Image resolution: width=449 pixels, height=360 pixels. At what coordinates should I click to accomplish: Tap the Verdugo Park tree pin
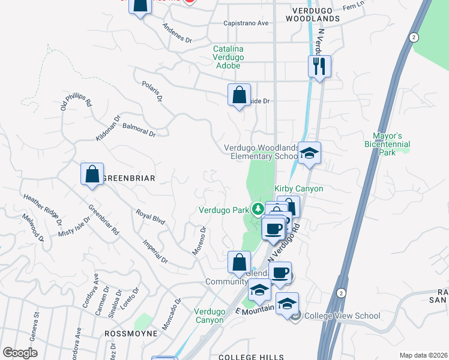pos(258,209)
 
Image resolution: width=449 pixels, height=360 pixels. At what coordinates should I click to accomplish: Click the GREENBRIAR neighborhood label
pos(129,178)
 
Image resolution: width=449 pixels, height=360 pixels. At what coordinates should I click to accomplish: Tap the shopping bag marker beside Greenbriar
pos(92,174)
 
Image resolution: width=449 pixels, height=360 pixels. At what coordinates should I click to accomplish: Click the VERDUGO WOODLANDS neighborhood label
pos(316,14)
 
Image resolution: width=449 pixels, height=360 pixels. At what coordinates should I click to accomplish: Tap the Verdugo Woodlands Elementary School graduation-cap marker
pos(310,153)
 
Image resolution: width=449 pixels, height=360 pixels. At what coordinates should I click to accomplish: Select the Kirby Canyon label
pos(299,189)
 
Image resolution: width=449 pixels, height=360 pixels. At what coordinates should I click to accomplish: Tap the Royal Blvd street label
pos(150,217)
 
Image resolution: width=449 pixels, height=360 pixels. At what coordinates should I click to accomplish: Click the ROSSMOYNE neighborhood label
pos(131,333)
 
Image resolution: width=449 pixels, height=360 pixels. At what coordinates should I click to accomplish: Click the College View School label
pos(342,316)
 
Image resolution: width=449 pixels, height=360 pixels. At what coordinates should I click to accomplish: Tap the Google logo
pos(20,353)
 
